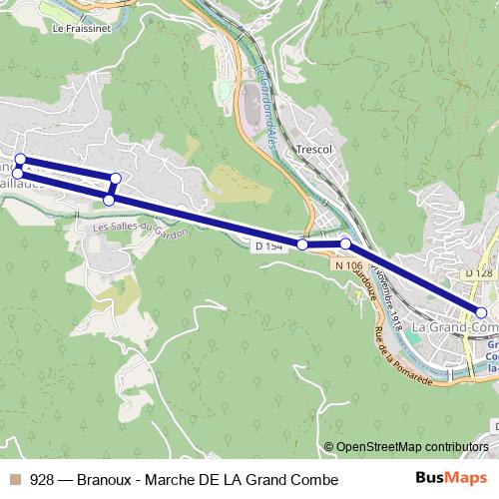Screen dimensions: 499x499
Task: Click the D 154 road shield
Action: coord(270,246)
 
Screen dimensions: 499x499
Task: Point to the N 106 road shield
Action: coord(347,264)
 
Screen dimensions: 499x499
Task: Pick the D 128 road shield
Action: coord(479,272)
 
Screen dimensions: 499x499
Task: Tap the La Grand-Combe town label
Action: coord(454,326)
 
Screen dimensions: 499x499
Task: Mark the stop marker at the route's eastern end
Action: coord(481,312)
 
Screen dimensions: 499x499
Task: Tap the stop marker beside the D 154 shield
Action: coord(301,245)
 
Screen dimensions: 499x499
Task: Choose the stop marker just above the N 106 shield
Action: coord(345,244)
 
